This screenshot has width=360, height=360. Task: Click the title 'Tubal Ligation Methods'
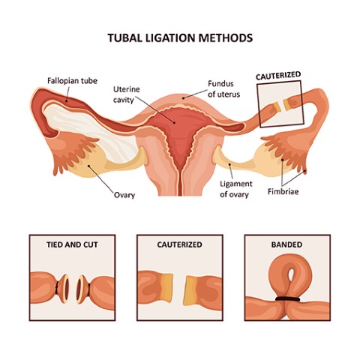(x=180, y=38)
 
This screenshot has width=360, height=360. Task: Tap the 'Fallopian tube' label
(x=72, y=81)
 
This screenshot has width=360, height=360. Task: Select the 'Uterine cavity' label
(x=127, y=94)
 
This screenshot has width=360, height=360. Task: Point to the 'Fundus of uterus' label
(x=223, y=88)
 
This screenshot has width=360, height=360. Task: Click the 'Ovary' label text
(x=124, y=195)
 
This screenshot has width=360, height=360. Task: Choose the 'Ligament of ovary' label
(x=236, y=189)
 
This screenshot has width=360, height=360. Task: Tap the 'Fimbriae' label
(x=283, y=191)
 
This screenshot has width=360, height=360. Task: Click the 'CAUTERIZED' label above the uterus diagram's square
(x=278, y=76)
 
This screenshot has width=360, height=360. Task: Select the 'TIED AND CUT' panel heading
(x=72, y=244)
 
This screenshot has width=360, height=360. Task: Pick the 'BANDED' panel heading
(x=286, y=244)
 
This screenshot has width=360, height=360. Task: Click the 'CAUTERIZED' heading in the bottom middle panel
(x=179, y=244)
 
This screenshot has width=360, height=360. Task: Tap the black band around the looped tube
(x=287, y=298)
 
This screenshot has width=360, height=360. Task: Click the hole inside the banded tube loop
(x=291, y=274)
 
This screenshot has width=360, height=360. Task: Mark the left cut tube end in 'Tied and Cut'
(x=65, y=288)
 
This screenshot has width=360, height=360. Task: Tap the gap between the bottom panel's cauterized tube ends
(x=179, y=290)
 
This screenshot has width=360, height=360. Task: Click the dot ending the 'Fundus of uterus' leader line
(x=183, y=98)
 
